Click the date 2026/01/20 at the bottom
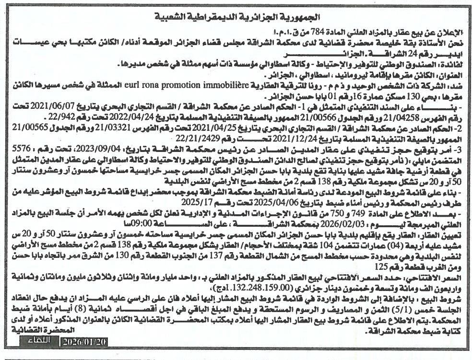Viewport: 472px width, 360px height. click(x=85, y=342)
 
